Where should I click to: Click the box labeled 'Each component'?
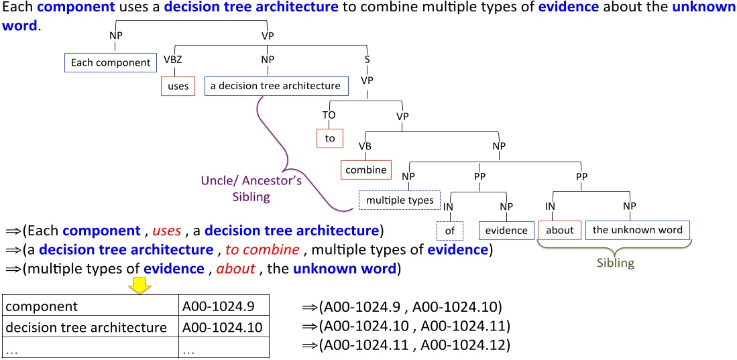111,62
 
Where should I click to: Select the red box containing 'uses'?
178,86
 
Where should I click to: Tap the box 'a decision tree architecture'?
276,86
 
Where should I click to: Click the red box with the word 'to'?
329,138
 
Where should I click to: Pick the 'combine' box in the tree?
366,170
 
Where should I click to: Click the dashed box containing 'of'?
449,230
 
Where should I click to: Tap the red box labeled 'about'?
559,230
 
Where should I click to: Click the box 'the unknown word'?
637,230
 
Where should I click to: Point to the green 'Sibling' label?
615,263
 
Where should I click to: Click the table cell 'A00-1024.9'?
209,307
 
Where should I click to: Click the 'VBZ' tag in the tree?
173,59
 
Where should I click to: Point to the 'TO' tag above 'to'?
329,115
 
